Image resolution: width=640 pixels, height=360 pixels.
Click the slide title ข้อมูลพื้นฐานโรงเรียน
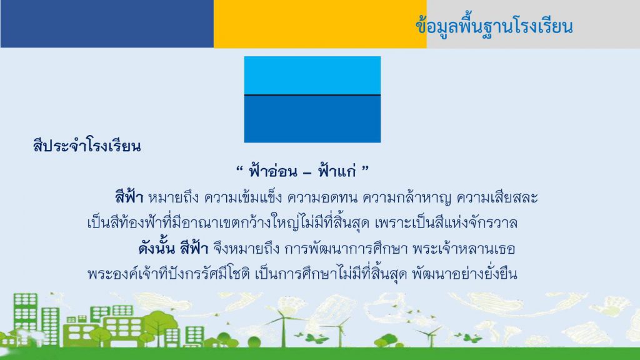click(x=494, y=27)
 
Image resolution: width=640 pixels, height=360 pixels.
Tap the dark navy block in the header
click(x=107, y=24)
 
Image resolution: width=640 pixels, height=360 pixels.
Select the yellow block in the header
click(x=320, y=24)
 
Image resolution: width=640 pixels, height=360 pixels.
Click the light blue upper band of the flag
click(x=312, y=76)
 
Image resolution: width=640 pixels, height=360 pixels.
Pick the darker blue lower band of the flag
click(x=312, y=119)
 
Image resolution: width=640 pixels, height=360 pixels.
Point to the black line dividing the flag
click(x=312, y=95)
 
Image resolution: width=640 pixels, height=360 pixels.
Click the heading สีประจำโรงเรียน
click(x=87, y=146)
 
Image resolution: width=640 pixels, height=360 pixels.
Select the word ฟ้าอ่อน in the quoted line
click(x=273, y=171)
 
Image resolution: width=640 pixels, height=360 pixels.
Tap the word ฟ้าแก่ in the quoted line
click(x=337, y=171)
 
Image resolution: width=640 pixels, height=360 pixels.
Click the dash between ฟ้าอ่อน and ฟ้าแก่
click(x=307, y=173)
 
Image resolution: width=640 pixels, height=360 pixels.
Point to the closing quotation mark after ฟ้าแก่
click(x=365, y=167)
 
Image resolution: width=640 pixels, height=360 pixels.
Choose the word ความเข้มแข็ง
click(x=243, y=198)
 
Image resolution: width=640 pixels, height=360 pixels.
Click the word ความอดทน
click(x=322, y=198)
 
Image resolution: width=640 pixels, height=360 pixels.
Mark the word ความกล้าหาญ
click(x=407, y=198)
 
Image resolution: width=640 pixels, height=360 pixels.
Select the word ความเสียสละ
click(x=497, y=198)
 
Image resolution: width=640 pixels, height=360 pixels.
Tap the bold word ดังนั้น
click(x=157, y=248)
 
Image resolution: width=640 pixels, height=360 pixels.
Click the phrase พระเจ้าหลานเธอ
click(x=464, y=249)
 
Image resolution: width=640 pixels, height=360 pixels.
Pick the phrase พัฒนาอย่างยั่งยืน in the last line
click(x=464, y=274)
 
